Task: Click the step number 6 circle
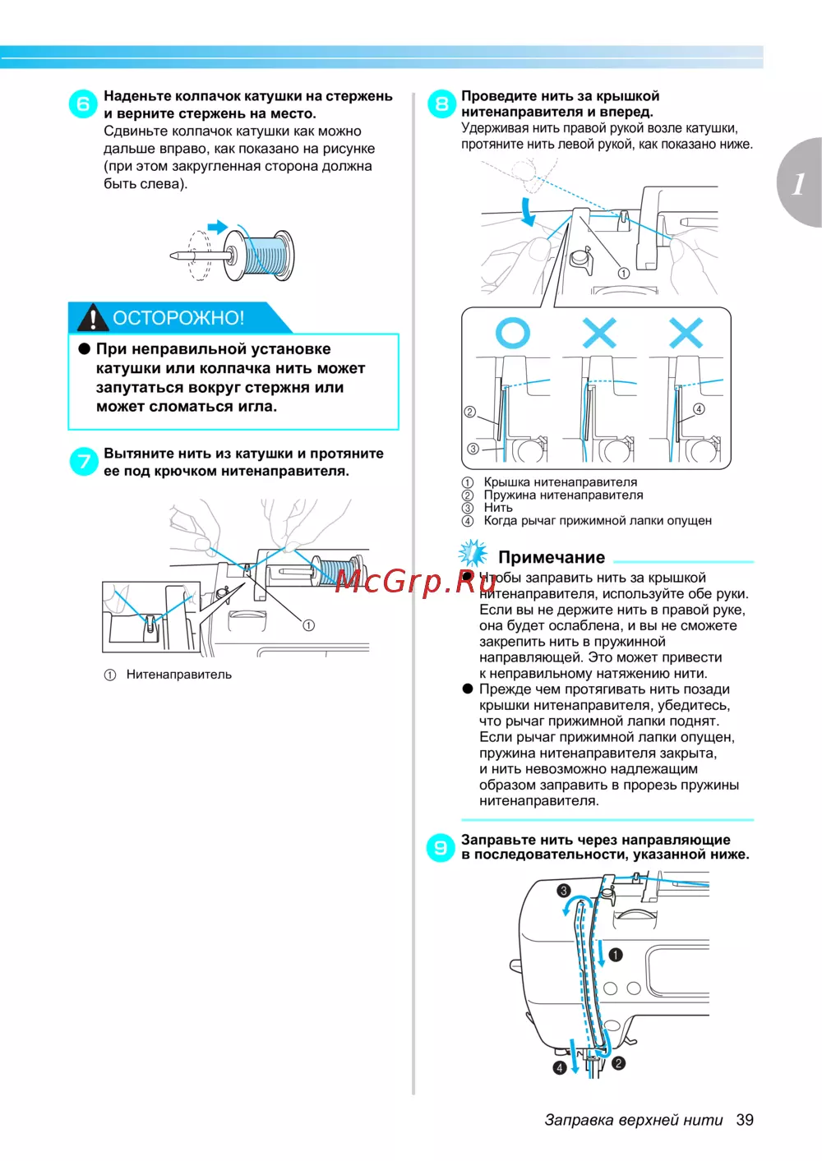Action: [83, 104]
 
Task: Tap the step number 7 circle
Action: [83, 462]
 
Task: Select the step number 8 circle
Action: [441, 104]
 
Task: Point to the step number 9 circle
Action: [441, 847]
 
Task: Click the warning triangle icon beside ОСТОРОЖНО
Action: [93, 317]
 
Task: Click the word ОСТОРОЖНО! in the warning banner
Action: [178, 318]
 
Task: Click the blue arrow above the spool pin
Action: [217, 227]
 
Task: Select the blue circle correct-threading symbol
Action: [513, 333]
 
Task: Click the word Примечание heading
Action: [552, 557]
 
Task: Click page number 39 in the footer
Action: [745, 1120]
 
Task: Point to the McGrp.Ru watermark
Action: [416, 581]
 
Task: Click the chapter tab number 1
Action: [798, 183]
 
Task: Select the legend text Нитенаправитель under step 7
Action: [178, 675]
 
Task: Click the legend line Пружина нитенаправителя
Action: [563, 495]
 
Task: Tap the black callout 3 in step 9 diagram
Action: [564, 891]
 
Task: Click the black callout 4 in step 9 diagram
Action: [560, 1067]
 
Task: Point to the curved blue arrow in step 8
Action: [528, 211]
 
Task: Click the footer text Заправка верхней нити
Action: [634, 1120]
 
